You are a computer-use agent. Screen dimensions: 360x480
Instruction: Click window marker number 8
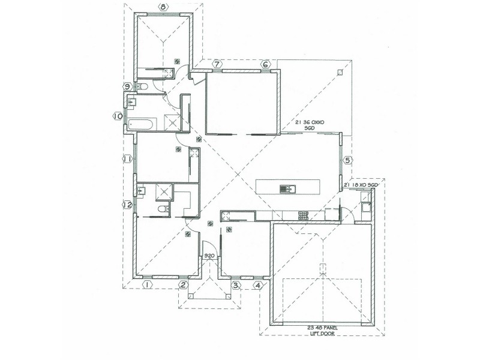(163, 8)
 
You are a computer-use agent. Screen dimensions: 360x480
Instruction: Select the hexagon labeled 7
(217, 64)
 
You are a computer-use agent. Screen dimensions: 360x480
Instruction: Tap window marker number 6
(265, 64)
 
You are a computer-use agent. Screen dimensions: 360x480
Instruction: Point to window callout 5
(348, 160)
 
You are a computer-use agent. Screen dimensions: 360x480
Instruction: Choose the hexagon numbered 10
(118, 116)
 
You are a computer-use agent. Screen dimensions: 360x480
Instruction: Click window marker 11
(127, 159)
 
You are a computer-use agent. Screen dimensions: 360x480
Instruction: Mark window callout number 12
(127, 205)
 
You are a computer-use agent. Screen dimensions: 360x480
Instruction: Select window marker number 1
(146, 285)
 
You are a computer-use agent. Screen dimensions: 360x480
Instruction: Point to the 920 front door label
(209, 256)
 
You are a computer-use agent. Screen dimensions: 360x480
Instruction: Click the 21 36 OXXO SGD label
(310, 125)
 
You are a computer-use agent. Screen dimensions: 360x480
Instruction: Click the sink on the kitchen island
(286, 190)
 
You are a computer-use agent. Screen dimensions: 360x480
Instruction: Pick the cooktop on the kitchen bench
(304, 215)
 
